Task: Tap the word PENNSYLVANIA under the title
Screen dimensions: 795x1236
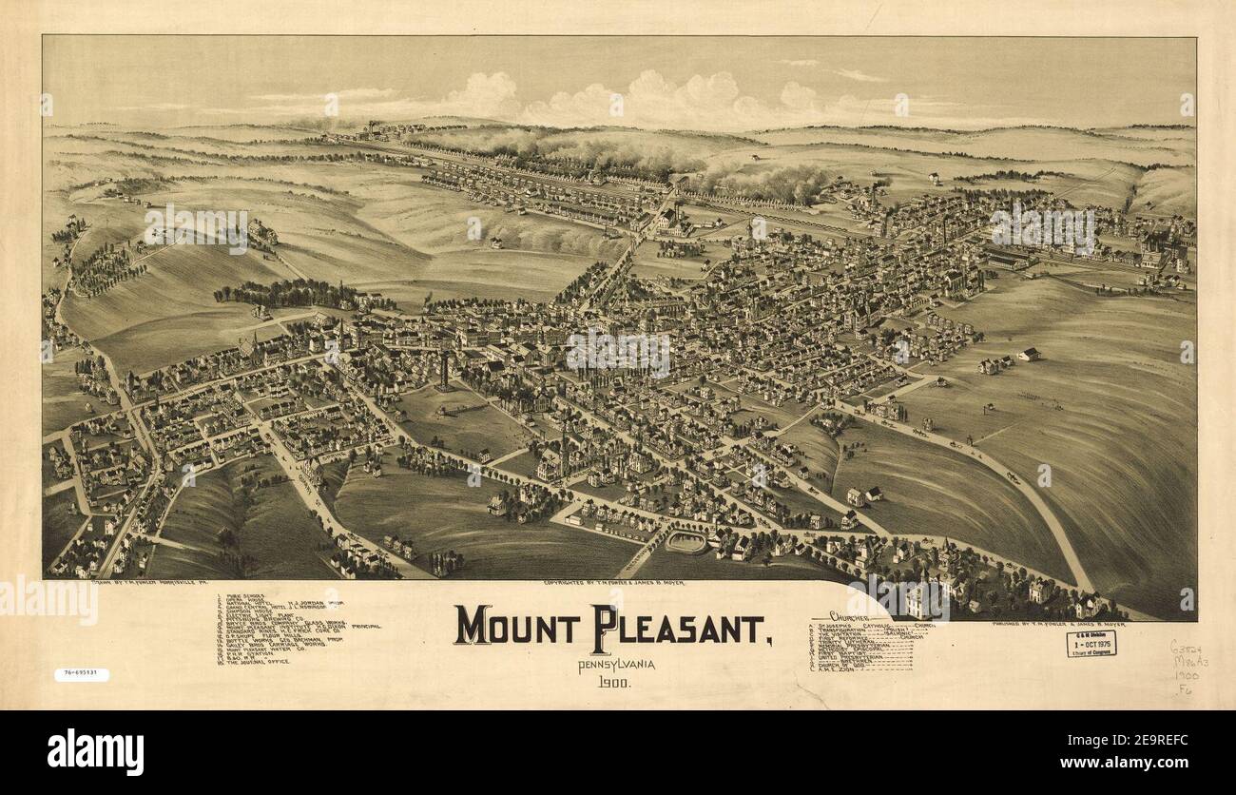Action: [616, 663]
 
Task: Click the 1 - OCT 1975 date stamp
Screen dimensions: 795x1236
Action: [1091, 644]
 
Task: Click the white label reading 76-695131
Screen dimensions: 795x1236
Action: [81, 675]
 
